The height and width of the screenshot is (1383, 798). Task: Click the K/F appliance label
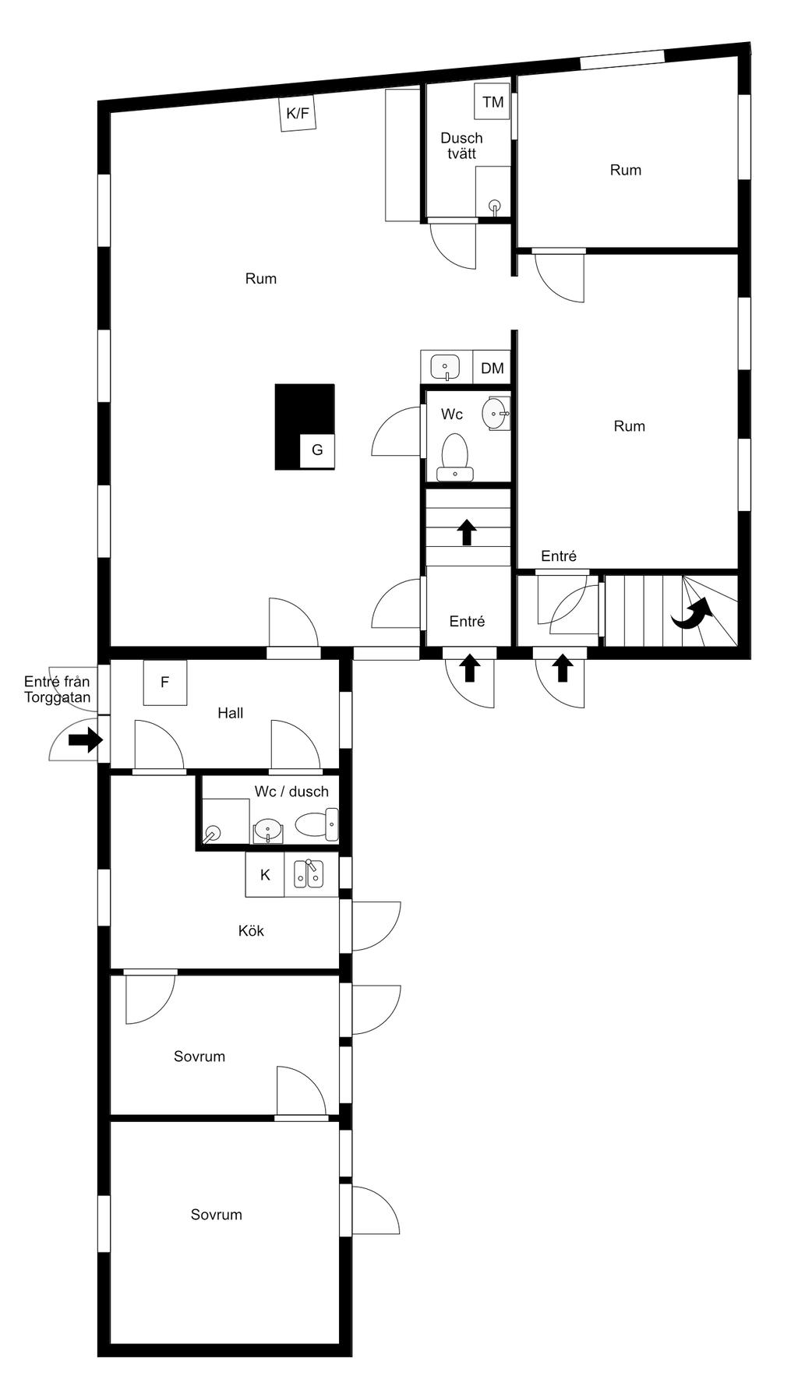click(x=298, y=114)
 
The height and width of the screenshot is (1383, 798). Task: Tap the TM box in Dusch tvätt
click(x=493, y=102)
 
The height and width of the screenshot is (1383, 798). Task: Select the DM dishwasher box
click(x=492, y=368)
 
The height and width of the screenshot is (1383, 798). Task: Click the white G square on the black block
click(x=317, y=450)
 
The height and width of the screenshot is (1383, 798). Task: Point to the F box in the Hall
click(x=165, y=683)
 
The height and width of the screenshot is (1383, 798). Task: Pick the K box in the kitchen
click(x=265, y=874)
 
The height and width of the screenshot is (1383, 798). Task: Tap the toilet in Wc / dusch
click(x=317, y=825)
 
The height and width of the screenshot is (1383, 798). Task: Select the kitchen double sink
click(x=309, y=875)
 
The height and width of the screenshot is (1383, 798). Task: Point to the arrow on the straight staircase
click(x=467, y=532)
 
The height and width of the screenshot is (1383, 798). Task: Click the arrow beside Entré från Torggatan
click(x=86, y=739)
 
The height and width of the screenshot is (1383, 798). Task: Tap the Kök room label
click(x=251, y=930)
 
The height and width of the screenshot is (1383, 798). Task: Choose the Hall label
click(x=231, y=713)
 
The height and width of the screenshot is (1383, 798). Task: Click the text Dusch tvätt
click(x=461, y=146)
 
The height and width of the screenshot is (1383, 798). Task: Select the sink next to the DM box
click(x=446, y=366)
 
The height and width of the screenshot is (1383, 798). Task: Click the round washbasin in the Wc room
click(x=496, y=413)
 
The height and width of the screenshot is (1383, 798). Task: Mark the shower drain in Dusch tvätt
click(x=494, y=206)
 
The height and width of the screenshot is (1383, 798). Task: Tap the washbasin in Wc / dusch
click(x=268, y=831)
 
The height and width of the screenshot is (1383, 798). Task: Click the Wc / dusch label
click(x=291, y=792)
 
